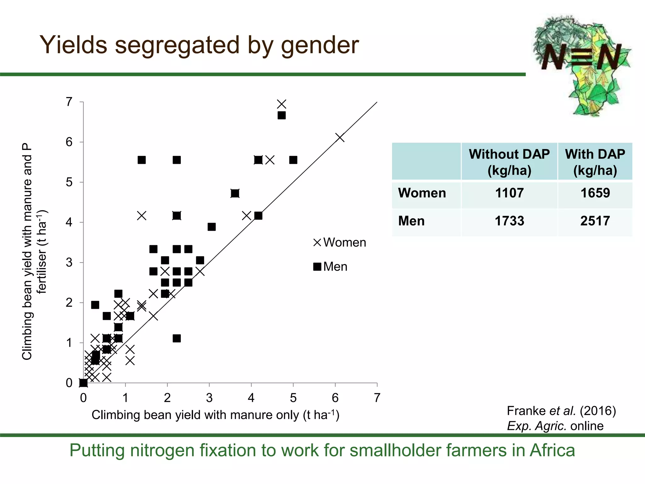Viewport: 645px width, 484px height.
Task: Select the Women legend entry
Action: [x=340, y=242]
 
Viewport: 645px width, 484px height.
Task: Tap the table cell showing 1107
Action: [x=509, y=193]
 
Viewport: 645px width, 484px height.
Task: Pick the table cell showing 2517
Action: [x=595, y=221]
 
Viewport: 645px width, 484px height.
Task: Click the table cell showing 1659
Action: [x=595, y=193]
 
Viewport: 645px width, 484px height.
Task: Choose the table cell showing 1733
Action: [x=509, y=221]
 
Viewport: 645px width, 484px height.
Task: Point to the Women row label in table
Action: [x=422, y=193]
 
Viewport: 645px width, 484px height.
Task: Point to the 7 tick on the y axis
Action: [x=69, y=102]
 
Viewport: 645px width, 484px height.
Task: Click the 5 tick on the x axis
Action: [x=293, y=398]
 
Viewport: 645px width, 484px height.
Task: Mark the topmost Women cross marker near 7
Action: [x=282, y=104]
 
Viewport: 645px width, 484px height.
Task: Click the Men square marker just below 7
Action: [x=282, y=115]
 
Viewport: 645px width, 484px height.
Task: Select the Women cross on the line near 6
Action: [x=340, y=138]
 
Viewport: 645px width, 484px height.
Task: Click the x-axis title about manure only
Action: [x=215, y=415]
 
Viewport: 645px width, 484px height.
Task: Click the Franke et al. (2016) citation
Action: [x=561, y=411]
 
